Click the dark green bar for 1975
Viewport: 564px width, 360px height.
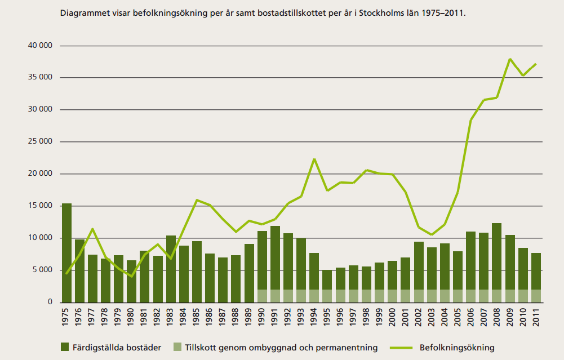click(66, 254)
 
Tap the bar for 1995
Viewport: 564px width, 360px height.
click(327, 282)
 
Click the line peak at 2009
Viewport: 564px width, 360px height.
click(510, 59)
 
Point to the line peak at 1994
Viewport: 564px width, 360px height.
click(314, 159)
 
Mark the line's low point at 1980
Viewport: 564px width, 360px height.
click(132, 276)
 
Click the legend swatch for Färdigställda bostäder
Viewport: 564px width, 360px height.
click(65, 348)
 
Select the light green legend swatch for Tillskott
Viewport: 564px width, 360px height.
click(177, 348)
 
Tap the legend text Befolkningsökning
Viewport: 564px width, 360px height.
click(457, 348)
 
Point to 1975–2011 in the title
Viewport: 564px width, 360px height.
click(444, 11)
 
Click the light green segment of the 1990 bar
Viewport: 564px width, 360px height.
click(262, 296)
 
